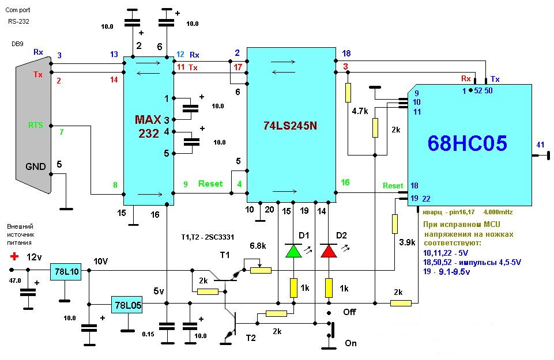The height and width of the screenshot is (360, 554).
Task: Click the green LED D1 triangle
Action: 293,251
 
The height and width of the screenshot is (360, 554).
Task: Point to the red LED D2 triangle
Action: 329,251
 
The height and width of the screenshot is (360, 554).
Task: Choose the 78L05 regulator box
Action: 126,304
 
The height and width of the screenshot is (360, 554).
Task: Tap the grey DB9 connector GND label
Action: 36,166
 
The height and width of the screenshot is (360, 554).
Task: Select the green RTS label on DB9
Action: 36,125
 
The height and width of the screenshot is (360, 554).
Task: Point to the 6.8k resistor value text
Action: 258,246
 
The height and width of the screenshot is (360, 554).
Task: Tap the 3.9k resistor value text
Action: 406,242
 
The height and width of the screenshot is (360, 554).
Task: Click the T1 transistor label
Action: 225,255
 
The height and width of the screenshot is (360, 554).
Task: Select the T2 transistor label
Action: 251,339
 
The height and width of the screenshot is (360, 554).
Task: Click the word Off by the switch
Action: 349,312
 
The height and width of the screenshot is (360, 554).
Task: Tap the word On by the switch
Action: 351,343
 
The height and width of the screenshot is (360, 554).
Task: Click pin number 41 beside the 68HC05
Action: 540,145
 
